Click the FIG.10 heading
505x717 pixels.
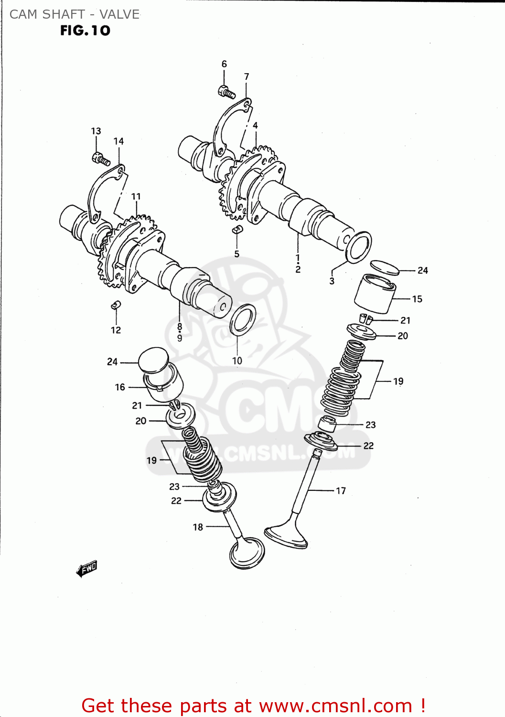coord(85,31)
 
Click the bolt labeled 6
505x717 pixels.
coord(227,91)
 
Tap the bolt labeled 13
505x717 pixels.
coord(101,159)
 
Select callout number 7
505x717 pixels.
coord(247,76)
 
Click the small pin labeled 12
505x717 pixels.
coord(116,304)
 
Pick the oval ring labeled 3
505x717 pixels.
coord(358,247)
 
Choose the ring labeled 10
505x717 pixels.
coord(243,319)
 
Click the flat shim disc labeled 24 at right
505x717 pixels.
coord(385,268)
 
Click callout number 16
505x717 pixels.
coord(120,387)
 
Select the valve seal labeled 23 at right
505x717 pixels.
coord(327,424)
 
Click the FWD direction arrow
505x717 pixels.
coord(87,569)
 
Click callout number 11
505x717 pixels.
coord(136,196)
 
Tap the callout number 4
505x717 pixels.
coord(255,125)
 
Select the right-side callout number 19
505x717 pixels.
coord(398,381)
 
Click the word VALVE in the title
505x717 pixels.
coord(119,14)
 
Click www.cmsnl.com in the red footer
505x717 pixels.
coord(335,706)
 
